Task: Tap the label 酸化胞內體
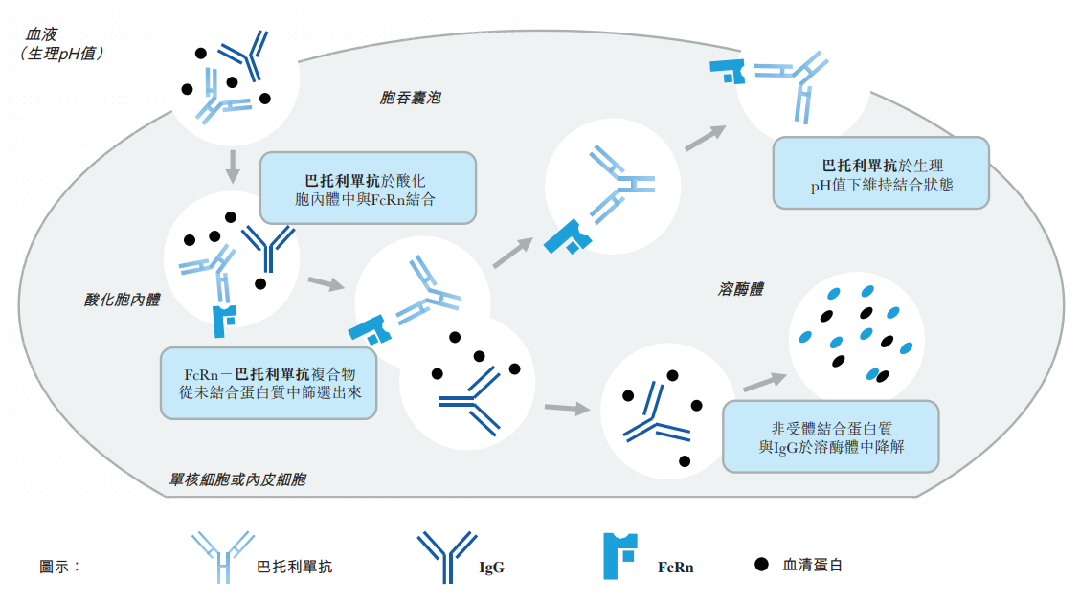coord(122,300)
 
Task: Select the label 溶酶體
coord(741,288)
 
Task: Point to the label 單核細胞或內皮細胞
coord(237,479)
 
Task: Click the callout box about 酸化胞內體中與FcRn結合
coord(368,189)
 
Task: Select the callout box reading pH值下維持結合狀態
coord(881,173)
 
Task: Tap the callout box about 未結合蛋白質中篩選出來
coord(268,382)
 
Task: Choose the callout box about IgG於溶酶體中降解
coord(830,436)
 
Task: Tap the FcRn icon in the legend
coord(620,556)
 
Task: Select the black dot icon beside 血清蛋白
coord(761,565)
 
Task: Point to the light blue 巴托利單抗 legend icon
coord(222,556)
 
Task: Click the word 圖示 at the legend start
coord(59,566)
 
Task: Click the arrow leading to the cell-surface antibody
coord(705,139)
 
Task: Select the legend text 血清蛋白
coord(813,566)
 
